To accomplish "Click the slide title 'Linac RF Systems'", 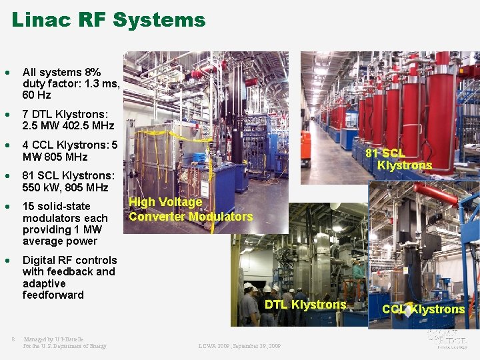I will click(109, 20).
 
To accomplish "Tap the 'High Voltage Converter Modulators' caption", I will click(190, 209).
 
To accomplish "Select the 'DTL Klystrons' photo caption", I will click(305, 305).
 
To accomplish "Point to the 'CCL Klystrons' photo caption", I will click(423, 309).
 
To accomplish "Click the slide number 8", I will click(13, 339).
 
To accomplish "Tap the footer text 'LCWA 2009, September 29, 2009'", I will click(239, 346).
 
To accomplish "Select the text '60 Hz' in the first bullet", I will click(37, 95).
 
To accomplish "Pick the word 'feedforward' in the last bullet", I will click(53, 295).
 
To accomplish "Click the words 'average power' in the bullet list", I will click(60, 241).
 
